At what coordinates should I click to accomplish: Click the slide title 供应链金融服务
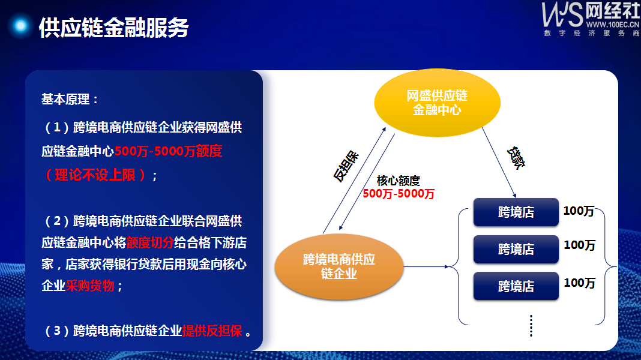pos(113,28)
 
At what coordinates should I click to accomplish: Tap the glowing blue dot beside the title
pos(20,26)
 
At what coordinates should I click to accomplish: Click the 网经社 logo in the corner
pos(591,19)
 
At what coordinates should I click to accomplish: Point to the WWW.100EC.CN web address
pos(612,25)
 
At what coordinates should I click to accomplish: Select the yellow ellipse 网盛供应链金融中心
pos(437,103)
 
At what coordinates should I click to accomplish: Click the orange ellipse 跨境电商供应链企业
pos(339,266)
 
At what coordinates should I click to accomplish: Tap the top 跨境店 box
pos(516,212)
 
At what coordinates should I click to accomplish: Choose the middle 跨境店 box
pos(516,249)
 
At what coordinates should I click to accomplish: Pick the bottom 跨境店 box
pos(516,286)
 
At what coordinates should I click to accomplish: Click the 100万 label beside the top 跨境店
pos(579,211)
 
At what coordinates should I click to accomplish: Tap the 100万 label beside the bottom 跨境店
pos(579,283)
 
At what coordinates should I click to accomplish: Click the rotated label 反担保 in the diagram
pos(346,166)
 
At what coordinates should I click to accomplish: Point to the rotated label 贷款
pos(516,158)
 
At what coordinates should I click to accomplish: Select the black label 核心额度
pos(398,181)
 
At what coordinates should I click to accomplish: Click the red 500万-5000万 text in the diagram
pos(399,194)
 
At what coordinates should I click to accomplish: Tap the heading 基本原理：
pos(70,99)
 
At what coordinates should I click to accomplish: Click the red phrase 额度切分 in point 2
pos(150,243)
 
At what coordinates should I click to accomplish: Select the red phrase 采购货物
pos(89,286)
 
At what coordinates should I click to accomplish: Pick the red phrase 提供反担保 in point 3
pos(212,331)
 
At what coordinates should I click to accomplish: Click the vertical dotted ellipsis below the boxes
pos(531,326)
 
